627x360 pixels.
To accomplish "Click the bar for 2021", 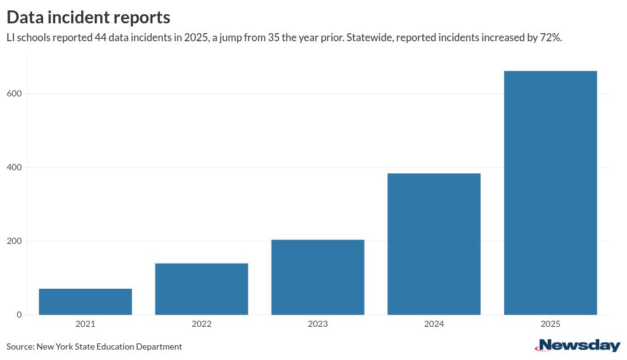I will (85, 302).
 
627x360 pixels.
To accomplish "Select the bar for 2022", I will (202, 289).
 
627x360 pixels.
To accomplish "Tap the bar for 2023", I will (318, 277).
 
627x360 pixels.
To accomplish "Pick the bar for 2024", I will (434, 244).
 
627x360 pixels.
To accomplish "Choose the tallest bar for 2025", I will (550, 193).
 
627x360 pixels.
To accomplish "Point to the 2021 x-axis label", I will (85, 324).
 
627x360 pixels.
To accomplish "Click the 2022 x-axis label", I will (202, 324).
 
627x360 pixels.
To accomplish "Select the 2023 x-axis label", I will (318, 324).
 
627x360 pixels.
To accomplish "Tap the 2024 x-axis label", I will (434, 324).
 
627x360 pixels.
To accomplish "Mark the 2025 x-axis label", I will (550, 324).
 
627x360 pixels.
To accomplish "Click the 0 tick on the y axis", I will (19, 315).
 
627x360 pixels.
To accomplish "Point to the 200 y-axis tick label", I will (15, 241).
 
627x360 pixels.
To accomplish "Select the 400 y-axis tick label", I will (15, 167).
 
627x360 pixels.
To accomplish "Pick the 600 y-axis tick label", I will (15, 93).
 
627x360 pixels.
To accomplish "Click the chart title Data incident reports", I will (89, 17).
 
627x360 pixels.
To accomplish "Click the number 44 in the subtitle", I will (101, 37).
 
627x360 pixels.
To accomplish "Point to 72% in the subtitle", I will (551, 37).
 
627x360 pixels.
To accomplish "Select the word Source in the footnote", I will (20, 346).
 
